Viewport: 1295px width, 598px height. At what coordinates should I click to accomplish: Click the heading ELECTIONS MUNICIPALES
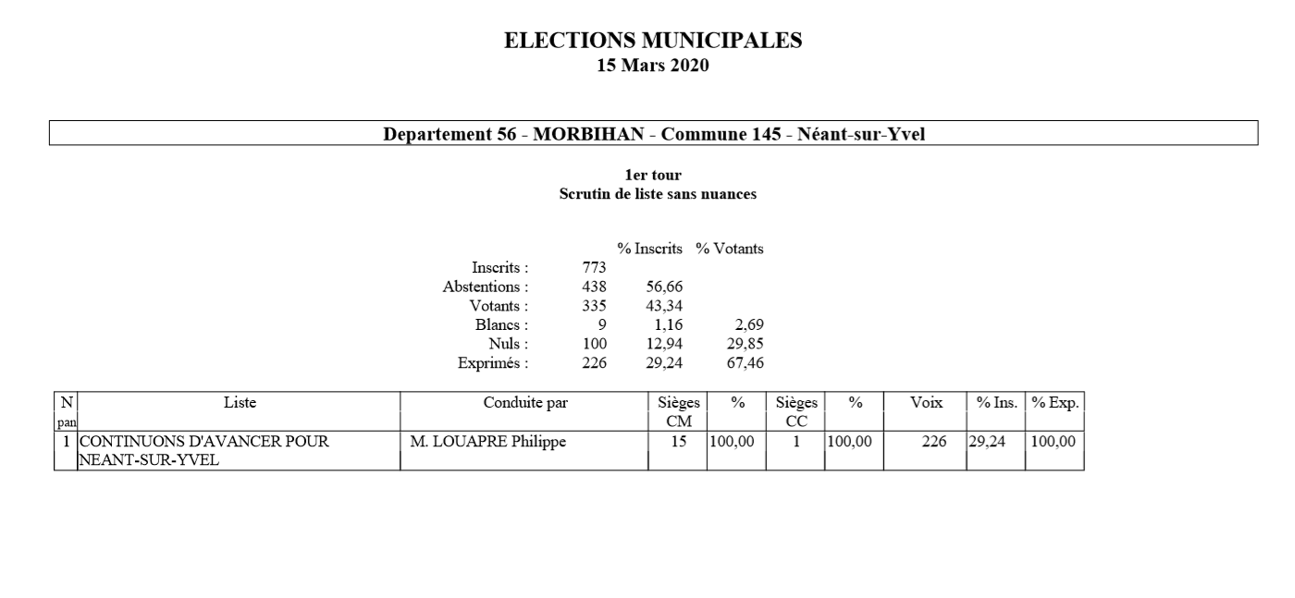click(x=653, y=41)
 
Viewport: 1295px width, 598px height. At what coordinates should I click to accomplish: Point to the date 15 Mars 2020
click(x=653, y=65)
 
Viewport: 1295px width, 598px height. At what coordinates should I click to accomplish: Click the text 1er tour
click(x=653, y=175)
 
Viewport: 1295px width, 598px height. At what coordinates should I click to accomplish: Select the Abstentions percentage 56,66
click(x=664, y=287)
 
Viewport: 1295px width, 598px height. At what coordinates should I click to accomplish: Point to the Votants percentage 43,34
click(x=664, y=306)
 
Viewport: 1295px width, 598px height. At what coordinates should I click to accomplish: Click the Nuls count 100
click(x=593, y=344)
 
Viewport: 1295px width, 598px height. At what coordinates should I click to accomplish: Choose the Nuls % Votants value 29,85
click(x=745, y=344)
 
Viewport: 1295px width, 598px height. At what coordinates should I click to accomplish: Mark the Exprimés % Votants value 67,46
click(x=745, y=362)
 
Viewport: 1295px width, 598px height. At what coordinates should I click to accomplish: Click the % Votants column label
click(x=730, y=250)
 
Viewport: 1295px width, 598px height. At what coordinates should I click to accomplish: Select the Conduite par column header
click(x=525, y=403)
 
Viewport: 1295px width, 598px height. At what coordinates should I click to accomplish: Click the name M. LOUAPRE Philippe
click(x=487, y=443)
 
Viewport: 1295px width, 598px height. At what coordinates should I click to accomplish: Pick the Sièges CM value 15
click(x=678, y=443)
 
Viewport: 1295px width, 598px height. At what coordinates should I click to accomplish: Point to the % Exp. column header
click(x=1055, y=403)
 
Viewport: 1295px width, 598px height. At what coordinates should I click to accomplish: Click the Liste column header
click(x=240, y=403)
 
